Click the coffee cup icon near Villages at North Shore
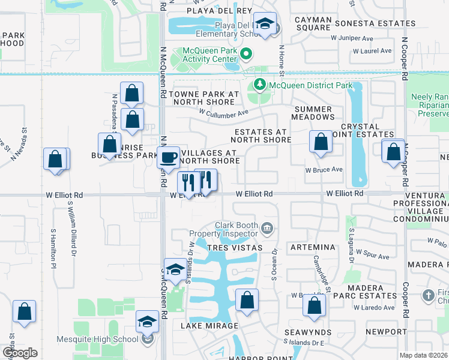point(167,157)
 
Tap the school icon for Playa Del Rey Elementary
point(264,24)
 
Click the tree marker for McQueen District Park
point(260,85)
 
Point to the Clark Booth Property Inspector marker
point(268,227)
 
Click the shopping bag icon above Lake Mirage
point(246,299)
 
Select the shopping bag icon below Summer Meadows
point(321,142)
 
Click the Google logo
point(20,353)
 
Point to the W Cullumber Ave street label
point(224,113)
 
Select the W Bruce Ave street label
point(324,169)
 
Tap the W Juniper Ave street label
point(352,37)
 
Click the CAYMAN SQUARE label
point(313,23)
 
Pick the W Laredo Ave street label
point(373,308)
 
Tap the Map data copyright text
point(423,355)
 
